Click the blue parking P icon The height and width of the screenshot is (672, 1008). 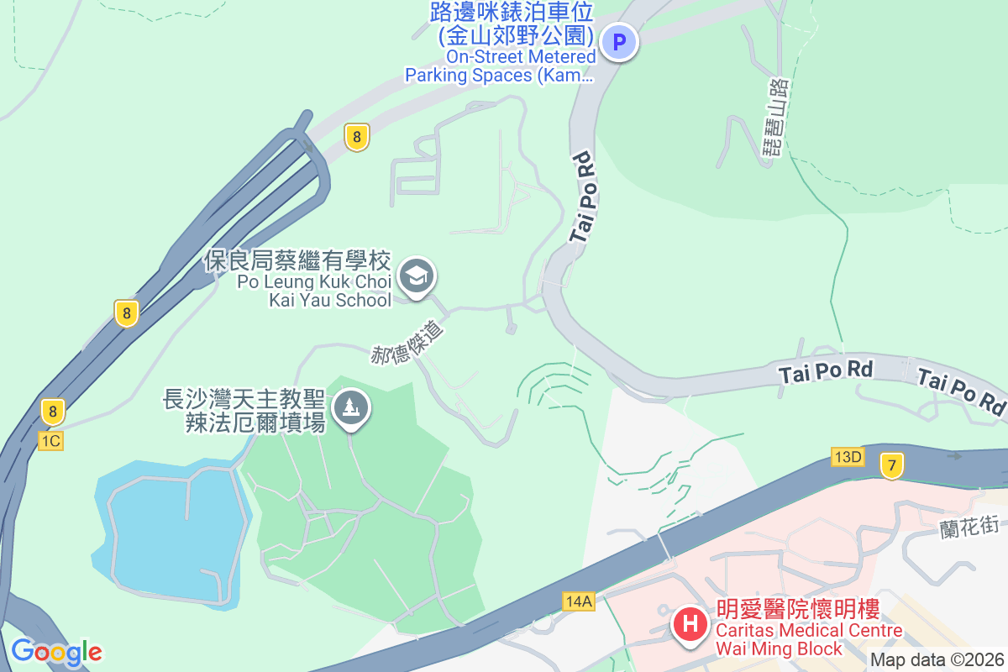[x=621, y=41]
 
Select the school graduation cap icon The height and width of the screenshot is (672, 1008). [x=416, y=276]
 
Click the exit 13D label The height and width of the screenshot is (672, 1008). [x=848, y=457]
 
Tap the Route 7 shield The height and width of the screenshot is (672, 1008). [x=892, y=465]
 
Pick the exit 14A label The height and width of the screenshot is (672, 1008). [x=579, y=601]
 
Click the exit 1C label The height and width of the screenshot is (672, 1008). [x=50, y=440]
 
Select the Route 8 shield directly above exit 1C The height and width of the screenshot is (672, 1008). [x=52, y=412]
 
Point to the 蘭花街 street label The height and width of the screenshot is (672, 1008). [x=969, y=527]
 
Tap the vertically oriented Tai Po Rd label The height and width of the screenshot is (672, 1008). [x=584, y=197]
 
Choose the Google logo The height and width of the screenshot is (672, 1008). [x=56, y=651]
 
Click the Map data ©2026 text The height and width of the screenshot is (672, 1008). [x=937, y=659]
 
